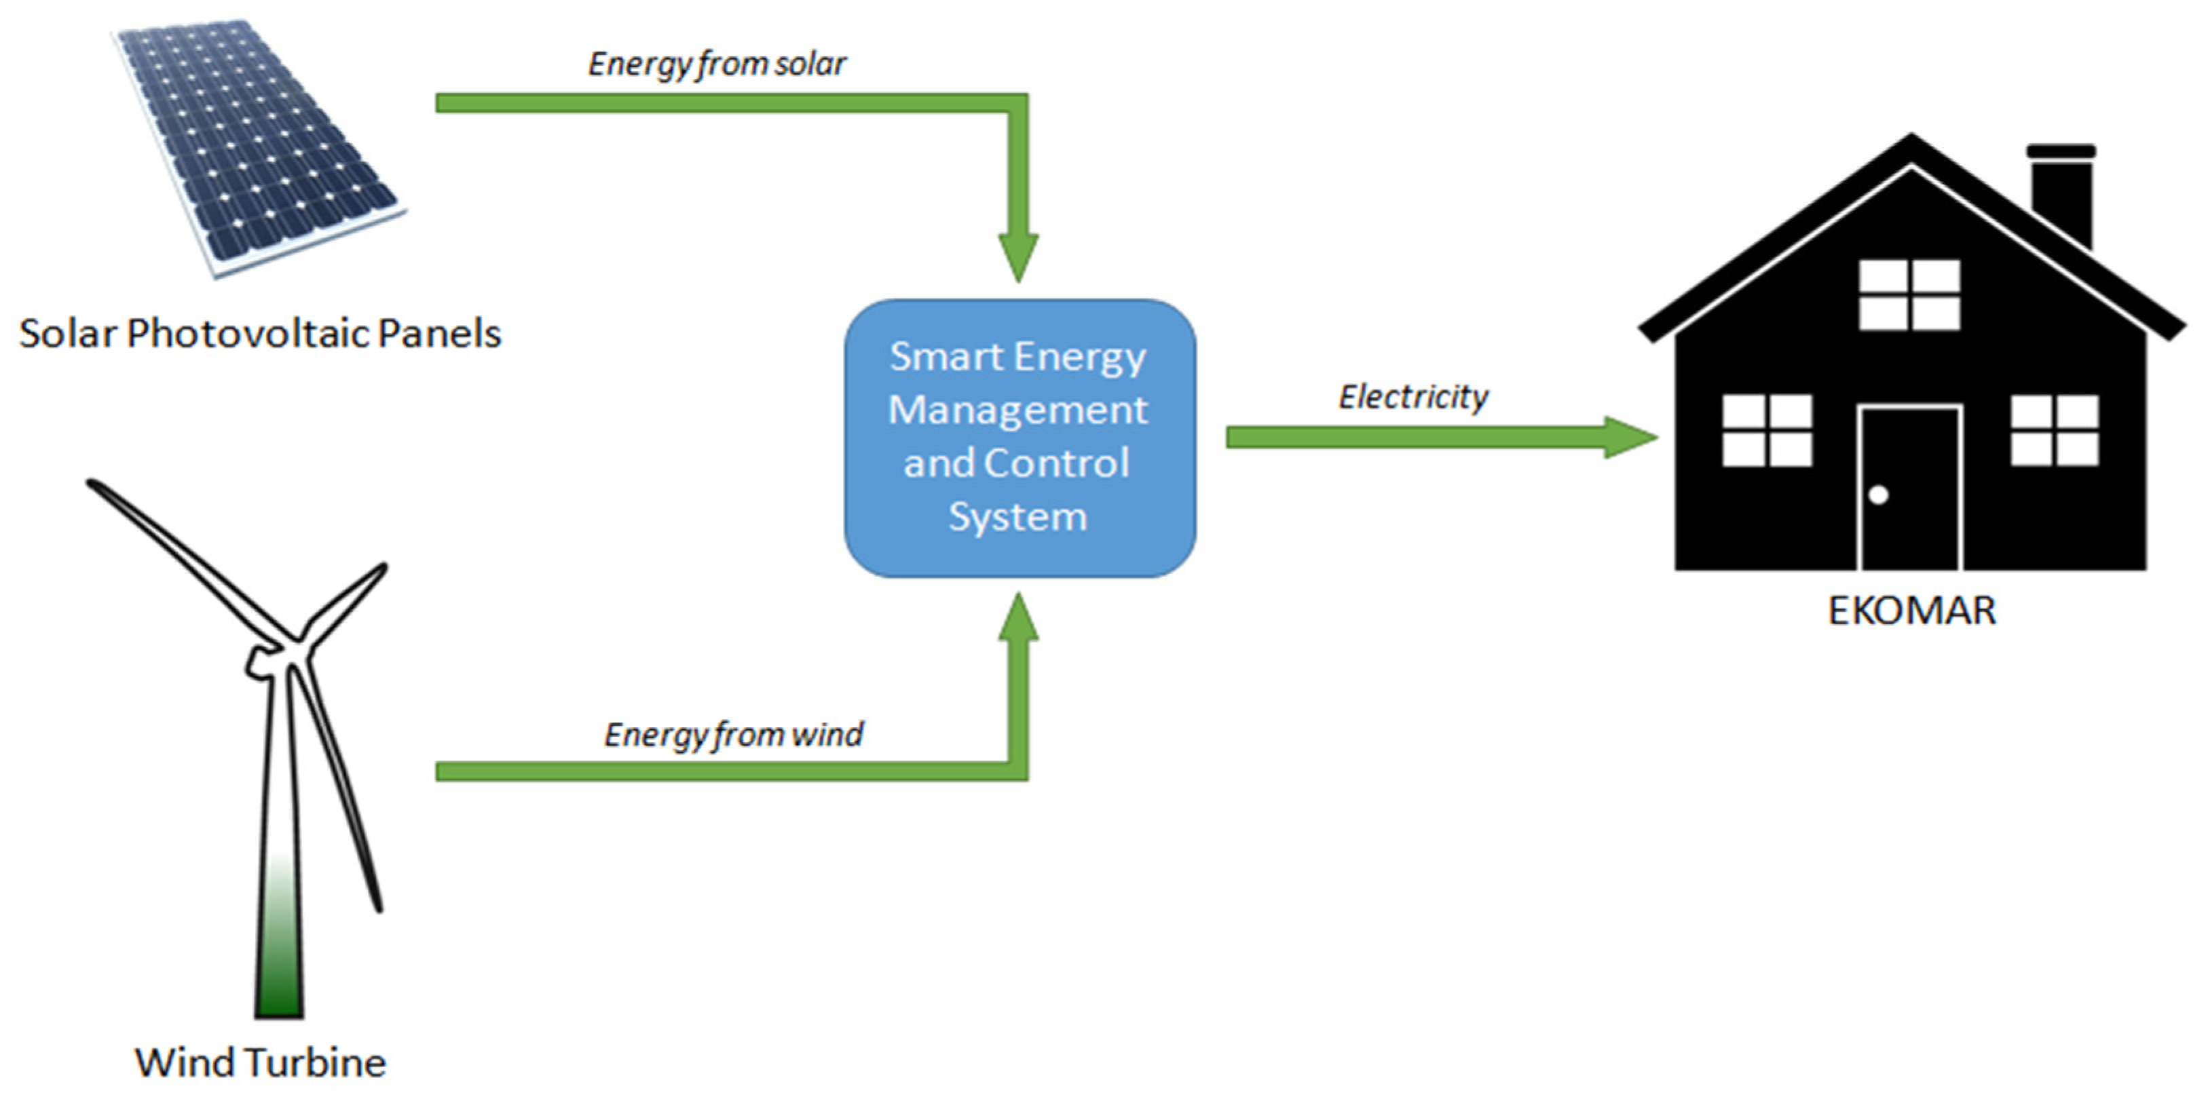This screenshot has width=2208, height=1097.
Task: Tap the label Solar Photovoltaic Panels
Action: (260, 333)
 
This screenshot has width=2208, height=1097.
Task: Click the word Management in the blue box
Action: (1017, 410)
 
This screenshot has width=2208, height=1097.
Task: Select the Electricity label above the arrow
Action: (1412, 397)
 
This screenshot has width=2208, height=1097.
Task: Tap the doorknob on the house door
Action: (1878, 495)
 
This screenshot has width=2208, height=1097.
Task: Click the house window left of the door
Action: (1767, 430)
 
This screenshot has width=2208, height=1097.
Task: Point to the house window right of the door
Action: (2055, 430)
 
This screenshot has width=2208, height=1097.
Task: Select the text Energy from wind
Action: (733, 735)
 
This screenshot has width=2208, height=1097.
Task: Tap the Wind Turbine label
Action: (260, 1062)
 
